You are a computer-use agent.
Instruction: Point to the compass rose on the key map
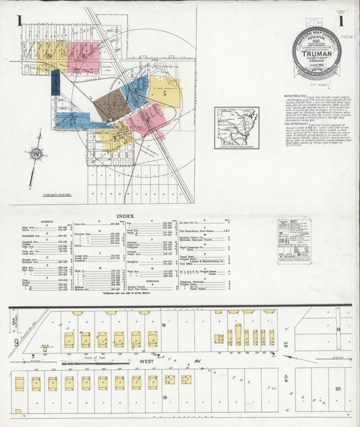pos(36,154)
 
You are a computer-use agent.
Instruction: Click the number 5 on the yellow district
pos(164,94)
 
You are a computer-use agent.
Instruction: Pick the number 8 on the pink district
pos(84,56)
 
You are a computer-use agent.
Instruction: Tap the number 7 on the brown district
pos(109,105)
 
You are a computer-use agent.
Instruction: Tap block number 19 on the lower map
pos(164,399)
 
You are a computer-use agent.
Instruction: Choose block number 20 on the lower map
pos(337,388)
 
